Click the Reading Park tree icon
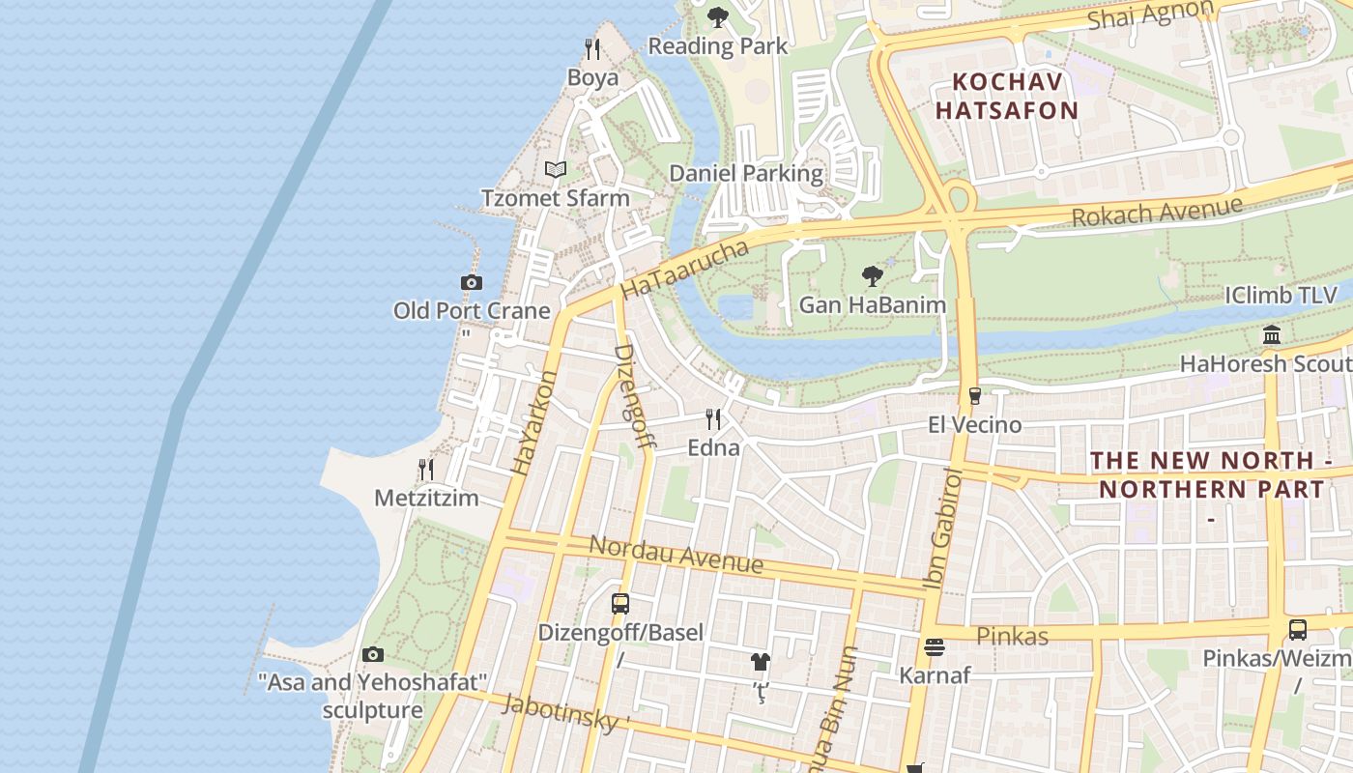click(x=717, y=16)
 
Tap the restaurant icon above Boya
click(x=592, y=48)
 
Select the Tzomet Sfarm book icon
click(x=555, y=170)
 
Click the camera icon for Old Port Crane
click(x=472, y=282)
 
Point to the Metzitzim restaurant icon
click(x=426, y=470)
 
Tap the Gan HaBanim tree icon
click(x=872, y=276)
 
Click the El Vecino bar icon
click(x=974, y=396)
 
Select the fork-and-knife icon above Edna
click(x=713, y=419)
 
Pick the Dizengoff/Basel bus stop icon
click(x=620, y=604)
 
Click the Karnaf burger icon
click(x=934, y=646)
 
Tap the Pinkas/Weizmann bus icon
click(x=1297, y=630)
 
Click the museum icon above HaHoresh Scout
click(x=1272, y=335)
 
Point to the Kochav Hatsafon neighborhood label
click(x=1006, y=96)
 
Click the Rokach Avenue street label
click(x=1156, y=213)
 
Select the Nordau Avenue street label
click(x=676, y=554)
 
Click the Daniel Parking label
click(x=746, y=174)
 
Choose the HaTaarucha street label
click(x=684, y=270)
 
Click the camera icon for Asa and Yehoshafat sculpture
click(x=373, y=655)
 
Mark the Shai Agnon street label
click(x=1150, y=15)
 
